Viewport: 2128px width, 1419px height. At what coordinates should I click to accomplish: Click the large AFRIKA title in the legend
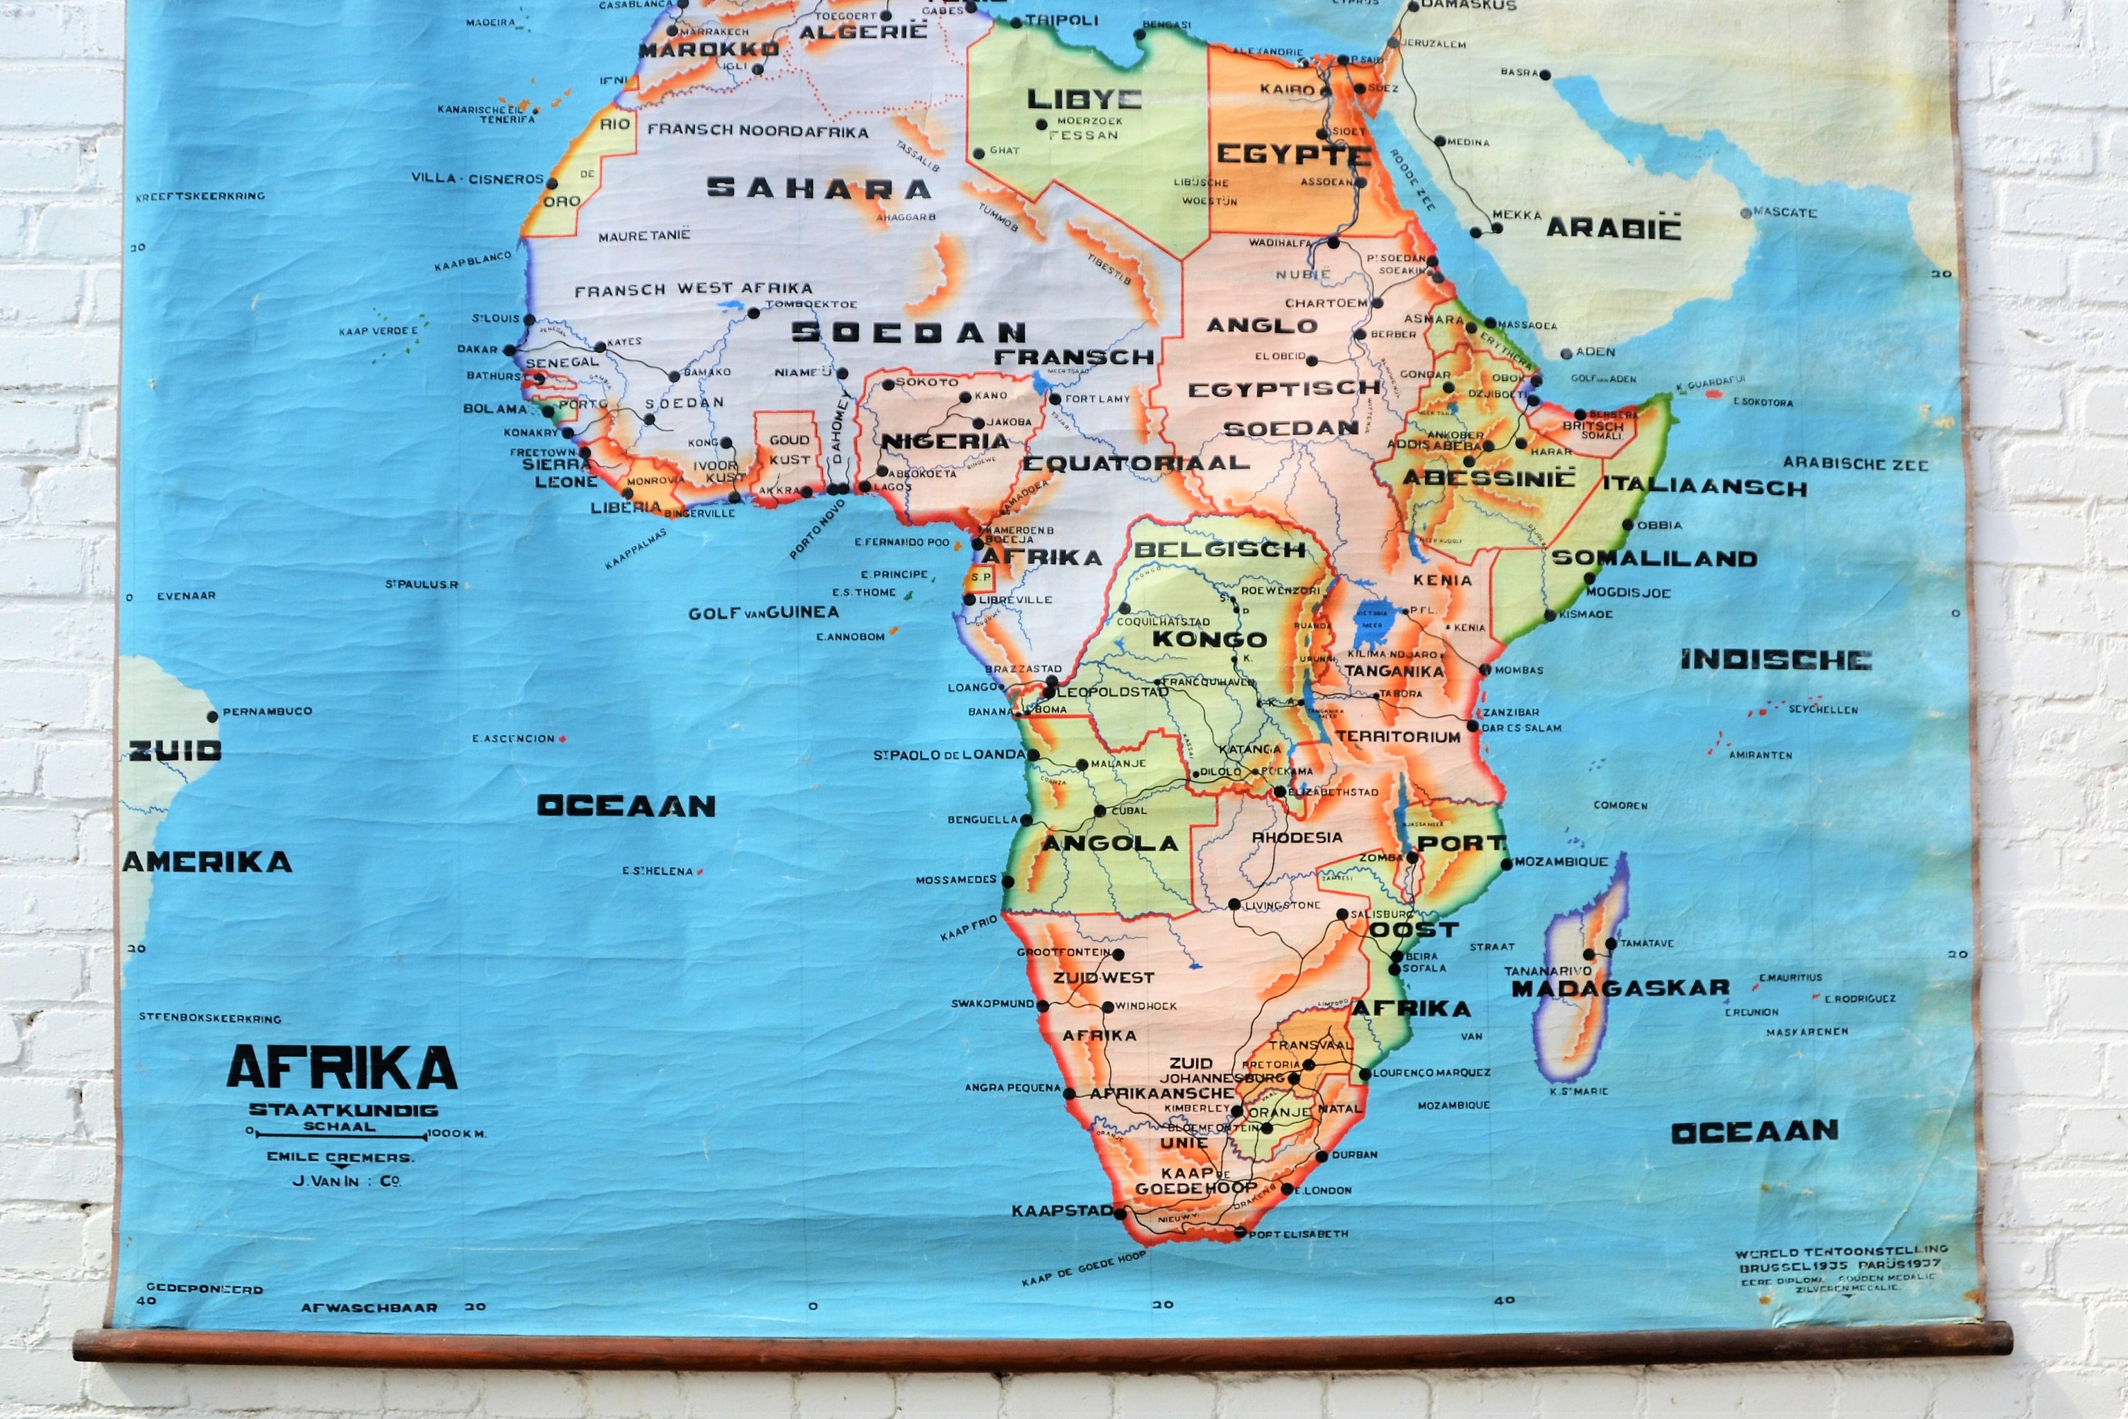341,1068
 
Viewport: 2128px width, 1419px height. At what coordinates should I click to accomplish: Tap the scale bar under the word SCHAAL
338,1133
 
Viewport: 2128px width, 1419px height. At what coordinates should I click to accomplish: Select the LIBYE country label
1084,99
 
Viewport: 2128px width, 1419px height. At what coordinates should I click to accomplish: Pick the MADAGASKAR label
1619,988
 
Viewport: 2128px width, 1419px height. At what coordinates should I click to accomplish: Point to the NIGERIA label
945,441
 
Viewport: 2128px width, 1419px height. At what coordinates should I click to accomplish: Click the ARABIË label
1613,228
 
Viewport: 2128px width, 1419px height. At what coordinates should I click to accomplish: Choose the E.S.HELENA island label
657,871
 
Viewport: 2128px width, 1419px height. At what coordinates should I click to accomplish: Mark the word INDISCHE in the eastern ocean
1775,660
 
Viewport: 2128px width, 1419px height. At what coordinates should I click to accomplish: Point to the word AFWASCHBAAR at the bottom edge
369,1308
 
